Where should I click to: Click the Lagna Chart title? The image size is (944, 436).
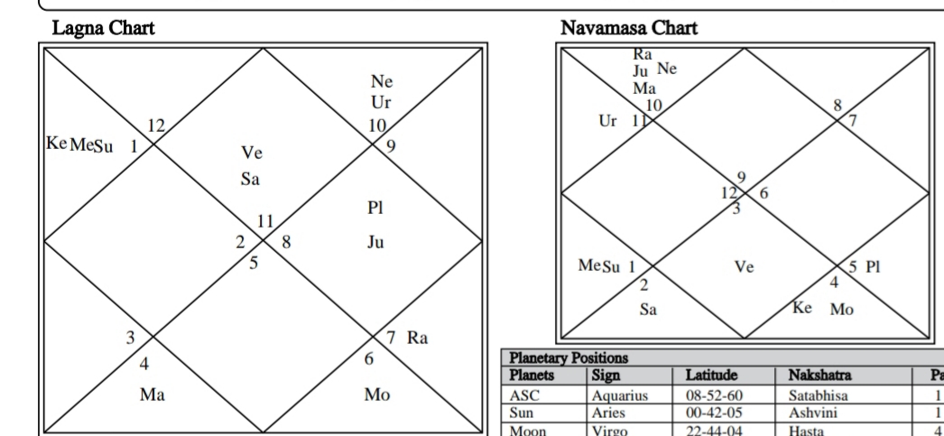[x=104, y=28]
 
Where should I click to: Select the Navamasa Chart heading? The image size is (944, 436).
[x=629, y=28]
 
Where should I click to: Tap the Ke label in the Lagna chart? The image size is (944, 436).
[x=57, y=144]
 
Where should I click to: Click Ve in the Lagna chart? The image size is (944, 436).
[x=252, y=153]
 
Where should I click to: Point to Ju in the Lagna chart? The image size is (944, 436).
[x=375, y=242]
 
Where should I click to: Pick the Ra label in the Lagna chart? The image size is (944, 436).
[x=417, y=338]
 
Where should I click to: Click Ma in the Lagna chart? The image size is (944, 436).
[x=153, y=395]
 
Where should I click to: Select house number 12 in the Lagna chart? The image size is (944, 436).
[x=156, y=125]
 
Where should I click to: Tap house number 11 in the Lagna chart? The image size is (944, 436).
[x=265, y=222]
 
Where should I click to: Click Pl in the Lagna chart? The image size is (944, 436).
[x=375, y=208]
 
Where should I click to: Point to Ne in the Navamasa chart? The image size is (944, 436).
[x=667, y=69]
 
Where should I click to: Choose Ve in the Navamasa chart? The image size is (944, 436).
[x=745, y=267]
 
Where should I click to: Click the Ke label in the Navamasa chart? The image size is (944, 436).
[x=802, y=308]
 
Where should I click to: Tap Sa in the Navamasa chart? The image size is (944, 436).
[x=648, y=310]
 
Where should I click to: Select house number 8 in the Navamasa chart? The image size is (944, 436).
[x=837, y=106]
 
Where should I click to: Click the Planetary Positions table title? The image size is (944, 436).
[x=569, y=358]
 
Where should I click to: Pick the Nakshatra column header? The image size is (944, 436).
[x=819, y=376]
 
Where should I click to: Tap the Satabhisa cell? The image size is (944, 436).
[x=819, y=395]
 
